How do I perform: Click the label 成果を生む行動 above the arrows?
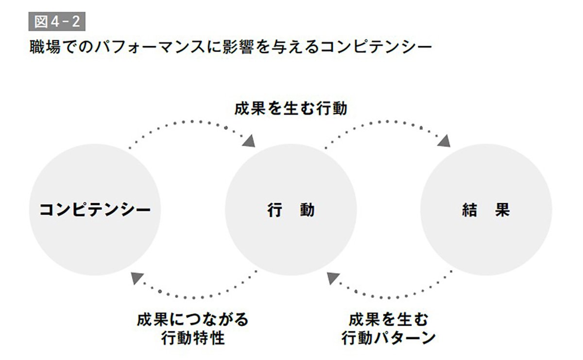(x=291, y=108)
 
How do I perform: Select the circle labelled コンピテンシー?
(x=95, y=210)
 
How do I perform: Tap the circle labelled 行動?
(x=291, y=210)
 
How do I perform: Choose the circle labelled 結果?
(x=486, y=210)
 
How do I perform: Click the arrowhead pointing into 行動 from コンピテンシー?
(x=249, y=140)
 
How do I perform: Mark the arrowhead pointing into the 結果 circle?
(x=444, y=140)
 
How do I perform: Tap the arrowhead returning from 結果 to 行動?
(x=333, y=278)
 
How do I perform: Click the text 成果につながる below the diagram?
(x=193, y=320)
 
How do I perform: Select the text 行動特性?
(x=193, y=338)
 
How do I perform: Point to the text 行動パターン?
(x=389, y=338)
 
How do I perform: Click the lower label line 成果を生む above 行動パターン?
(x=389, y=320)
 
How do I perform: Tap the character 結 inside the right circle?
(x=468, y=210)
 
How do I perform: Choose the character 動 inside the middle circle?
(x=307, y=210)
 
